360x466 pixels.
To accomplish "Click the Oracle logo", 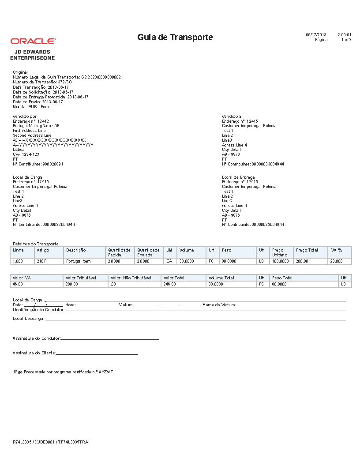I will (x=33, y=41).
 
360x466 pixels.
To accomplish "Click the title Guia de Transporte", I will (x=175, y=38).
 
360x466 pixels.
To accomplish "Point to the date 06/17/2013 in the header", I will (x=316, y=34).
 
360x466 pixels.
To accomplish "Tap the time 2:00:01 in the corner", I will (x=344, y=34).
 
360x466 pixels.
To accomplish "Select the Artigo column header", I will (x=43, y=250).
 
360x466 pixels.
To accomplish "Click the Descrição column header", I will (x=76, y=250).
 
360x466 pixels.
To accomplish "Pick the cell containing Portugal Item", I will (x=78, y=261).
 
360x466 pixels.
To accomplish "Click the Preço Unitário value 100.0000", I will (x=280, y=261).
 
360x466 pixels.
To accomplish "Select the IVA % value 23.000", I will (x=336, y=261).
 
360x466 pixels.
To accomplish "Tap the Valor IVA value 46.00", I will (x=18, y=284).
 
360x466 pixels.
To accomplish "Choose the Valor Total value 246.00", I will (x=169, y=284).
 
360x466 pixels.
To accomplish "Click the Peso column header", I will (x=226, y=250).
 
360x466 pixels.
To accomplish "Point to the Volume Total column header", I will (x=221, y=278).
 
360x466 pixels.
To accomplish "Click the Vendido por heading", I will (x=25, y=116).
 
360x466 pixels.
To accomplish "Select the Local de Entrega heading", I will (x=238, y=177).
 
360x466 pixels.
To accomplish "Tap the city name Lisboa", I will (x=19, y=150).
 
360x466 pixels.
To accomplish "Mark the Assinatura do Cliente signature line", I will (x=97, y=353).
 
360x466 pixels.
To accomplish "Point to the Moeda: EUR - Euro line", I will (x=31, y=106).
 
